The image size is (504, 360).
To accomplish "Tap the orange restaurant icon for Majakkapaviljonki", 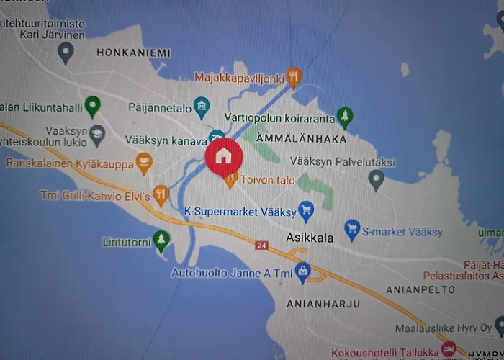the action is tap(293, 76).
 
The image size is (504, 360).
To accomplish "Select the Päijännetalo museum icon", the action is tap(202, 107).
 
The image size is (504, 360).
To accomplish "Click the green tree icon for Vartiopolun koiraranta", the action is tap(346, 116).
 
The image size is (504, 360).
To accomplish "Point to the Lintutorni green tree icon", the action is tap(162, 240).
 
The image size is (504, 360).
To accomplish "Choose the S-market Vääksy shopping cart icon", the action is tap(352, 230).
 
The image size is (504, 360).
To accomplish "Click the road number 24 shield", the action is tap(261, 246).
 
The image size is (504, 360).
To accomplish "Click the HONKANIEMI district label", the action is tap(133, 53).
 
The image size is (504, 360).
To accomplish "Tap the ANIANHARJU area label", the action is tap(323, 303).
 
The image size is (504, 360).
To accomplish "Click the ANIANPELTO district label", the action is tap(421, 289).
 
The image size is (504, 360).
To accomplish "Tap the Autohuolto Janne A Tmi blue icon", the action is tap(302, 271).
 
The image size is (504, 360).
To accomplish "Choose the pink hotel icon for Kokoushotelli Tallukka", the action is tap(449, 350).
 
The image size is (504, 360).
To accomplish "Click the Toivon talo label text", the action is tap(268, 180).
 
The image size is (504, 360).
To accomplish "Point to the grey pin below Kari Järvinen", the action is tap(66, 52).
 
